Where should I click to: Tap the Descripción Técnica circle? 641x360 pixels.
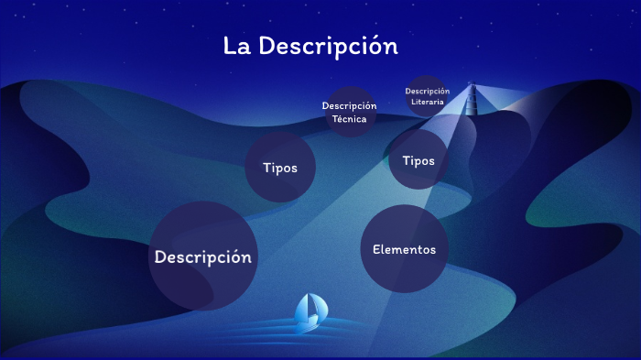click(349, 112)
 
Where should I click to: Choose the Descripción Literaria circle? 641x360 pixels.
click(427, 96)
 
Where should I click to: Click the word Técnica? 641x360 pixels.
click(349, 119)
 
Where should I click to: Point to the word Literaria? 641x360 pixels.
click(428, 102)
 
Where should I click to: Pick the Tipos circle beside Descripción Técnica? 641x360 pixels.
click(280, 168)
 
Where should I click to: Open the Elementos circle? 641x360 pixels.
click(404, 249)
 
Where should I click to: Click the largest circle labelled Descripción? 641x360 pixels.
click(202, 256)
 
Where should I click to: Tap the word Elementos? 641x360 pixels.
click(404, 249)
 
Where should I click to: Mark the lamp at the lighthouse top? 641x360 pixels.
click(473, 88)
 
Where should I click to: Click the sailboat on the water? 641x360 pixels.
click(310, 311)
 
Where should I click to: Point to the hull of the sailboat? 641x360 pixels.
click(307, 322)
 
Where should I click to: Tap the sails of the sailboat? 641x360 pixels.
click(310, 306)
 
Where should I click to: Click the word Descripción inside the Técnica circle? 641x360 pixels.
click(349, 106)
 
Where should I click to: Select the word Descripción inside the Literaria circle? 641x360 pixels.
click(428, 91)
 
